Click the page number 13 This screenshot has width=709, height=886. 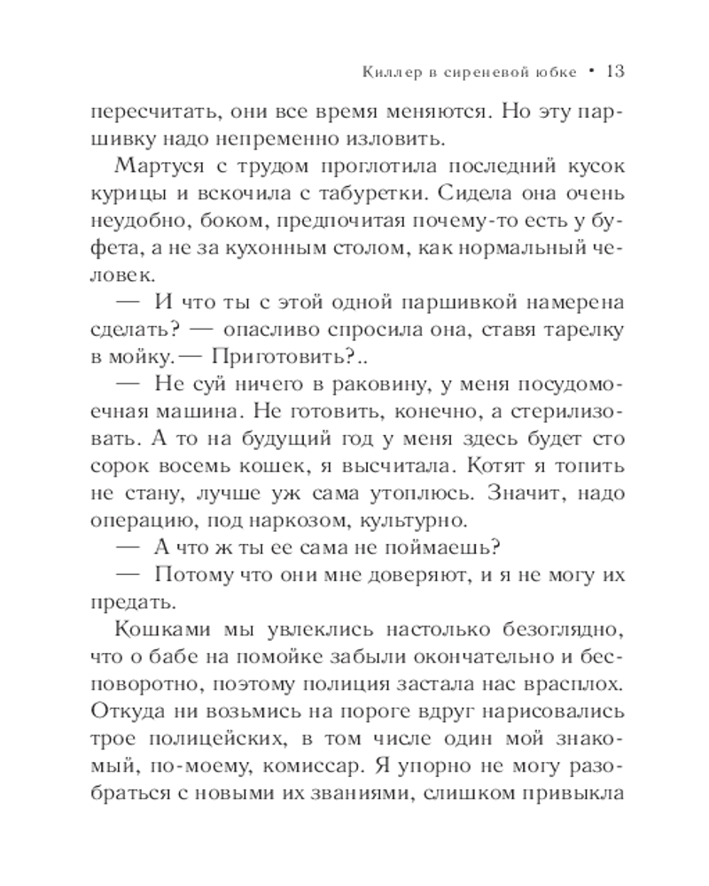coord(616,70)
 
